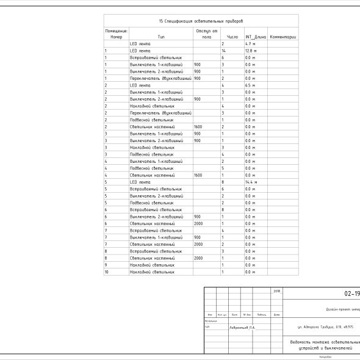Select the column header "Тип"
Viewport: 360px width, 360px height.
click(161, 37)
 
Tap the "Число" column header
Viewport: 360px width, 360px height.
click(232, 37)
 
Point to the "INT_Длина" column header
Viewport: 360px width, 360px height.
click(256, 37)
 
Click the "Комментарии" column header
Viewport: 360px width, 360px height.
click(283, 37)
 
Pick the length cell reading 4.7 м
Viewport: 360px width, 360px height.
click(250, 44)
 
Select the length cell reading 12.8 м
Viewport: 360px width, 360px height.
click(251, 51)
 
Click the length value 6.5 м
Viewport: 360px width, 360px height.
click(250, 85)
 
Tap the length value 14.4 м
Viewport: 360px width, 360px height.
click(251, 182)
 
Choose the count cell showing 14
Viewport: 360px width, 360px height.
click(223, 51)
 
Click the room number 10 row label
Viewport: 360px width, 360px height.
click(107, 272)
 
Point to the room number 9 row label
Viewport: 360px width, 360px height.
click(106, 265)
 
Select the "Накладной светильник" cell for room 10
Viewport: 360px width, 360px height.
click(152, 272)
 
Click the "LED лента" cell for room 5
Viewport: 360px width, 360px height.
click(140, 182)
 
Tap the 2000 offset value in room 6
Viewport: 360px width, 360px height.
click(198, 223)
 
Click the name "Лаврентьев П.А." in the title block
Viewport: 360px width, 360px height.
click(243, 327)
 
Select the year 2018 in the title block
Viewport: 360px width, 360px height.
click(277, 291)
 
